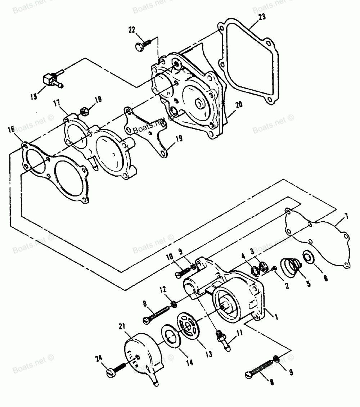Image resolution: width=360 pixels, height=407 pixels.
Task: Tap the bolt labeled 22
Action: [x=143, y=45]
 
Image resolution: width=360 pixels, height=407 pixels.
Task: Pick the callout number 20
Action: [x=239, y=105]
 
